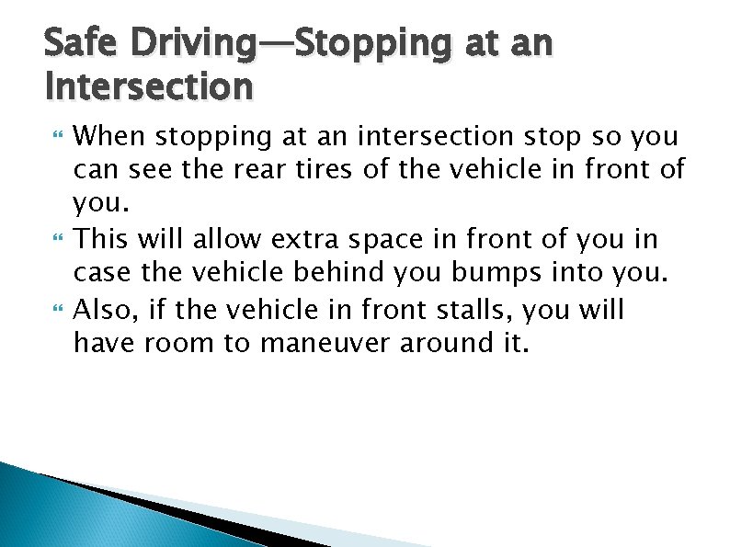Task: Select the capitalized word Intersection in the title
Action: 148,86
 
